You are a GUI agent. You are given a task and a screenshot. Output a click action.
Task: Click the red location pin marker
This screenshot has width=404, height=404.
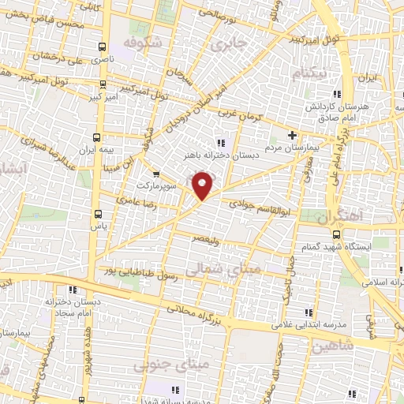204,186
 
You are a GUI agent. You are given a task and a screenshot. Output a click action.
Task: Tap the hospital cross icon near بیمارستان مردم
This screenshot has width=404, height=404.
292,134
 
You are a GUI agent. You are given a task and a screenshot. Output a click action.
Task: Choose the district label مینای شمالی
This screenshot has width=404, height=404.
214,269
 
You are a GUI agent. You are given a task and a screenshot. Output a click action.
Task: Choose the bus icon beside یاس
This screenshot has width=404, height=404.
98,213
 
